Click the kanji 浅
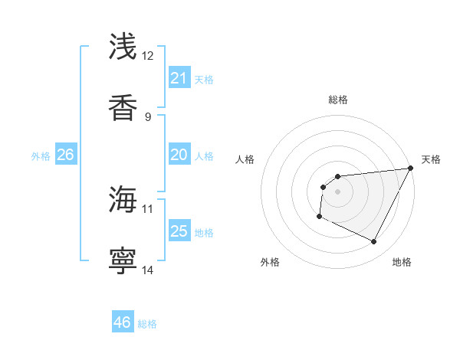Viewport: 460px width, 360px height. pos(123,47)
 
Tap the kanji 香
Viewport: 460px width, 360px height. pos(123,107)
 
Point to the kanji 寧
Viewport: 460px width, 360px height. pos(123,260)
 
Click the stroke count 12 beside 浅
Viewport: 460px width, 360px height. pos(148,56)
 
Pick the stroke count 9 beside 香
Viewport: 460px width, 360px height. pos(148,116)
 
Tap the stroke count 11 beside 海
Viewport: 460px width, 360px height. pos(148,208)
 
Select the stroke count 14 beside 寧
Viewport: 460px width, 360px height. pos(148,270)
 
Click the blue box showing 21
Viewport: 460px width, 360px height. pos(179,78)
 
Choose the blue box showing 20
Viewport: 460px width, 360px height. pos(179,155)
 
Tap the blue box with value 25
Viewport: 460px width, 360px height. pos(179,231)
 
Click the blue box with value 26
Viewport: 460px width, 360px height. pos(65,155)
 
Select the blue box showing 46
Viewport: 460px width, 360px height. pos(123,322)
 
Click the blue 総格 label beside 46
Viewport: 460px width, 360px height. pos(147,324)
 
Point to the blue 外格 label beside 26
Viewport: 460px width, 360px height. pos(41,156)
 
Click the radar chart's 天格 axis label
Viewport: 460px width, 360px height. pos(432,159)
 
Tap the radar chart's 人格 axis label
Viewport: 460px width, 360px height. pos(245,159)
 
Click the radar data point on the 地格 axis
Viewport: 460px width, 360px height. pos(374,242)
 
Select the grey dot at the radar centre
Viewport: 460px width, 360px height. pos(337,191)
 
